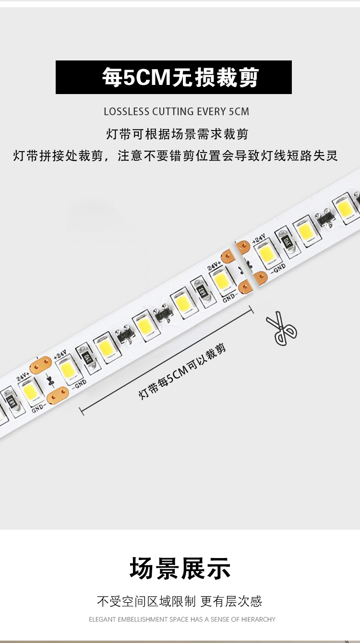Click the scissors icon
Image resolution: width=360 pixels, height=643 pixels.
coord(282,328)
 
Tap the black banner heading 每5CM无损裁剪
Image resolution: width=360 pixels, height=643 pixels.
coord(173,77)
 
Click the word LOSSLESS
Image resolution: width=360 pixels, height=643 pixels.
coord(126,112)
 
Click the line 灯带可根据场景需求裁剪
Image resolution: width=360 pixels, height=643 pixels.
coord(177,134)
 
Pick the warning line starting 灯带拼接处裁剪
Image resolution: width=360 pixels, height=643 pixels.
coord(176,156)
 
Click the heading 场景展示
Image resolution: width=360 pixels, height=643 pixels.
coord(180,569)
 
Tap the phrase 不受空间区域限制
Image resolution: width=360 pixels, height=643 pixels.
coord(146,601)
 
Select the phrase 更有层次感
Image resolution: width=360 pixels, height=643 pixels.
coord(231,601)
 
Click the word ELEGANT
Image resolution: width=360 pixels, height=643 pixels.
coord(102,619)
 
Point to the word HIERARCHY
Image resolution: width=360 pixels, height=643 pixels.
coord(259,619)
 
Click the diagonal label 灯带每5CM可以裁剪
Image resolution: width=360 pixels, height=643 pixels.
coord(182,372)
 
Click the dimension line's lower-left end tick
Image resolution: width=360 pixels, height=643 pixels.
coord(81,411)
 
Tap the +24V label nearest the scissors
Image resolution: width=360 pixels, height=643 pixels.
coord(259,238)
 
